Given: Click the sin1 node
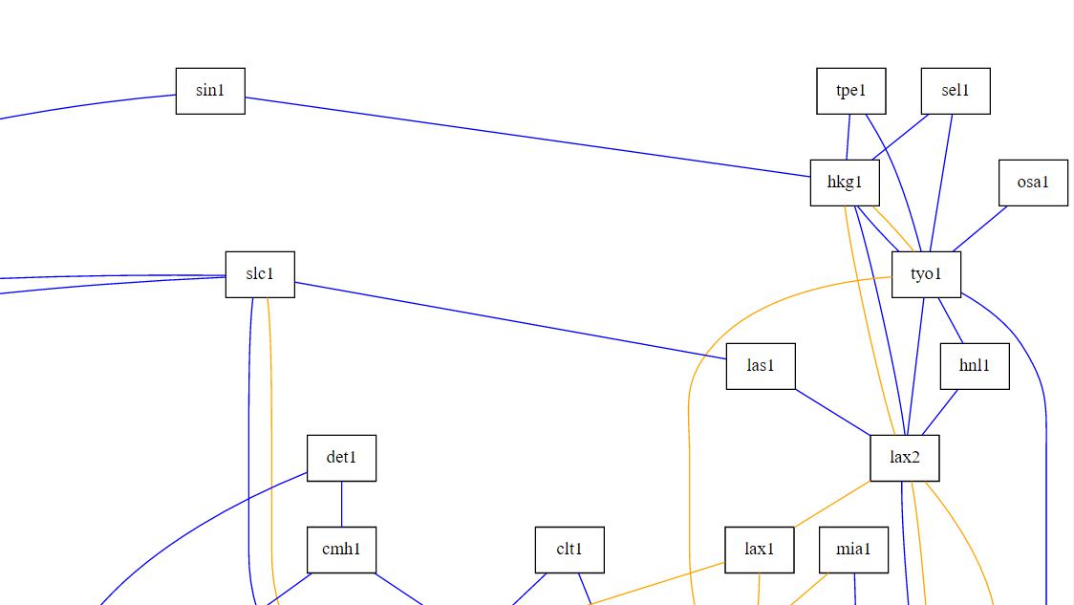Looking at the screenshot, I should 210,91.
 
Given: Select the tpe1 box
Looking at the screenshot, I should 850,91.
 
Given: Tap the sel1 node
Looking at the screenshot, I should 955,91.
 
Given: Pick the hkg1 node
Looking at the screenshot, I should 845,183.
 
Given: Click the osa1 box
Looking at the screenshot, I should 1033,183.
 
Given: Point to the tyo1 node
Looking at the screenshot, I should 926,274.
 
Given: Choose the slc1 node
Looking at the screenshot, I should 260,274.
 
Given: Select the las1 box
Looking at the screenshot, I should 761,366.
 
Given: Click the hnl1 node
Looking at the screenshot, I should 975,366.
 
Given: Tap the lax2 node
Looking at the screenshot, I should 905,458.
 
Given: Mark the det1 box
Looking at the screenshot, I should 341,458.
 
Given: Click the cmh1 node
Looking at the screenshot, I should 341,550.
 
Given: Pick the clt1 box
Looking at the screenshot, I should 569,550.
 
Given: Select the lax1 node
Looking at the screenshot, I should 760,550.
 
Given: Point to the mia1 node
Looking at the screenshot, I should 854,550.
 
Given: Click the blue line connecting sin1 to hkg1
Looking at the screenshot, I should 526,137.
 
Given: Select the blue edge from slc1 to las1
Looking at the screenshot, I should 511,320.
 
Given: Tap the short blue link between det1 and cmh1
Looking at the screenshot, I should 341,504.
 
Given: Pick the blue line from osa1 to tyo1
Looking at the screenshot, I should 979,228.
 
